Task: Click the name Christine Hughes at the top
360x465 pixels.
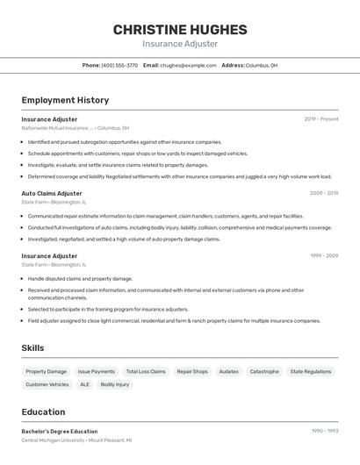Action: pyautogui.click(x=180, y=30)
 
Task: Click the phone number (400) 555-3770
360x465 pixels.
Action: pyautogui.click(x=119, y=65)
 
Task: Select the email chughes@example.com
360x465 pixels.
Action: pyautogui.click(x=188, y=65)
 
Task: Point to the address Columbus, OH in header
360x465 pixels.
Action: pyautogui.click(x=262, y=65)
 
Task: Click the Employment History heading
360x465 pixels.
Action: pyautogui.click(x=65, y=100)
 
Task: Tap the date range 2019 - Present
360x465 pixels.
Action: pyautogui.click(x=321, y=118)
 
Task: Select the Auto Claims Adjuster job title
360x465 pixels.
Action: pyautogui.click(x=52, y=193)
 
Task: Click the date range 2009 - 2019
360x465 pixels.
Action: pyautogui.click(x=324, y=193)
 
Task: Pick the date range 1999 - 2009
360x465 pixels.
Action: pyautogui.click(x=324, y=256)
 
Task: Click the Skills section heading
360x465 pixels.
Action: pyautogui.click(x=32, y=348)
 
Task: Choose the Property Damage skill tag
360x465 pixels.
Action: pyautogui.click(x=46, y=371)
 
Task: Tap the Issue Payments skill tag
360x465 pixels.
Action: pyautogui.click(x=97, y=371)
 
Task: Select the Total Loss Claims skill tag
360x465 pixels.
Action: pyautogui.click(x=146, y=371)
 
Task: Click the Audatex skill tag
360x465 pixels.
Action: pyautogui.click(x=228, y=371)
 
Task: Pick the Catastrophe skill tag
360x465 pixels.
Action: pyautogui.click(x=264, y=371)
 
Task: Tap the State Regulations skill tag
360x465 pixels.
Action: pyautogui.click(x=311, y=371)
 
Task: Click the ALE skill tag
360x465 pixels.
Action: pyautogui.click(x=84, y=384)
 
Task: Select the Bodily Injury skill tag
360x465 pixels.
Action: pyautogui.click(x=115, y=384)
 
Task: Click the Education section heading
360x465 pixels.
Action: pyautogui.click(x=43, y=412)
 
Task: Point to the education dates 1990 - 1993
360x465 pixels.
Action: pyautogui.click(x=325, y=431)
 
